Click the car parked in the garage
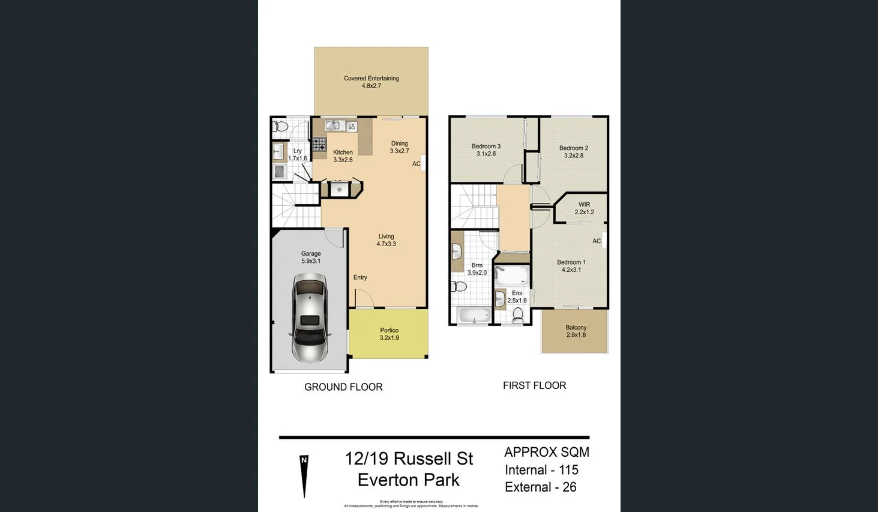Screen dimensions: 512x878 point(310,318)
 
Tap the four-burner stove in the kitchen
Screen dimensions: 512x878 point(319,144)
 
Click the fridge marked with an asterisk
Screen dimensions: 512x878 point(340,190)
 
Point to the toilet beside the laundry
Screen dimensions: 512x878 point(280,127)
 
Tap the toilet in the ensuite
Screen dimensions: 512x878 point(519,314)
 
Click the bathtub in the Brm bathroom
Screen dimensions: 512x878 point(474,315)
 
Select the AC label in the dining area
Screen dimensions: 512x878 point(416,164)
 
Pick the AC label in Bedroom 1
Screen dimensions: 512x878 point(597,241)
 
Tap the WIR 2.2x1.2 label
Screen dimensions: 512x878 point(584,208)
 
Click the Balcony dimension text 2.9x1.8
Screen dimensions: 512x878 point(576,335)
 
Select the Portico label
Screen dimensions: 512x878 point(389,330)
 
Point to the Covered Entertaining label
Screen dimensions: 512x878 point(371,78)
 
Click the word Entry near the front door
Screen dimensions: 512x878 point(360,277)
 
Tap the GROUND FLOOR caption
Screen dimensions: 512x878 point(343,387)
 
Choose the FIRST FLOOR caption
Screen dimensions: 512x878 point(534,385)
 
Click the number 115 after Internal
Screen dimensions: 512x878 point(568,470)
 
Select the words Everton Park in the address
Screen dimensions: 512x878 point(408,480)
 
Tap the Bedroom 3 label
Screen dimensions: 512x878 point(486,146)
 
